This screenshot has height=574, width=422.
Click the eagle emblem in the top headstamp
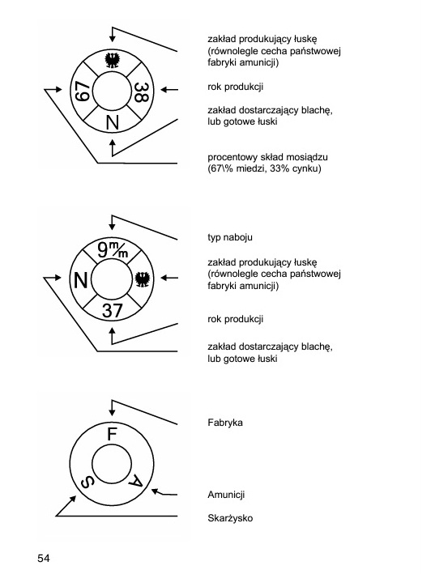(112, 60)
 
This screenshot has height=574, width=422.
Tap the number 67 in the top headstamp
(82, 91)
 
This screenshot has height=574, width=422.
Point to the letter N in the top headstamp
(113, 122)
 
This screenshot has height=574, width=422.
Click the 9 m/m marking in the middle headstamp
(113, 249)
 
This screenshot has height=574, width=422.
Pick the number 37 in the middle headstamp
(112, 311)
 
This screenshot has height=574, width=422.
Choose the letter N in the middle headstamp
(81, 280)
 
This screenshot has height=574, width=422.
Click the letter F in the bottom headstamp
(112, 434)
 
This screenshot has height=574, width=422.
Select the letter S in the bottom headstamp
(87, 483)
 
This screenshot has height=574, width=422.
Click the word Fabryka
(225, 423)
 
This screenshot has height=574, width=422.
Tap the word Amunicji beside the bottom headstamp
(226, 495)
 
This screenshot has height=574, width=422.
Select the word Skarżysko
(230, 518)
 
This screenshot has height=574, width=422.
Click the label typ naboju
(230, 237)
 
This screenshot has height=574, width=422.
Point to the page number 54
(43, 558)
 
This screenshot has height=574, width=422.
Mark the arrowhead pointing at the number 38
(164, 89)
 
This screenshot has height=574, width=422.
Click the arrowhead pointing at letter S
(73, 499)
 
